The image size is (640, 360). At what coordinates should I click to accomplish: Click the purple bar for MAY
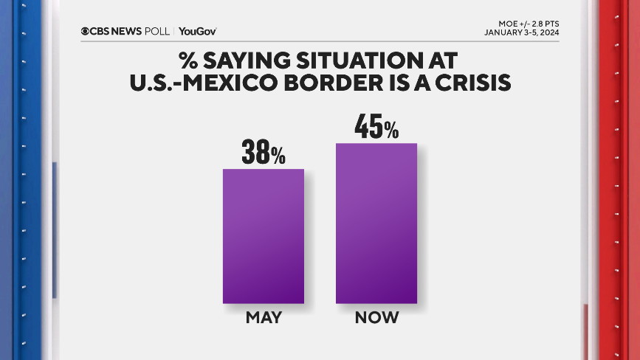pyautogui.click(x=264, y=236)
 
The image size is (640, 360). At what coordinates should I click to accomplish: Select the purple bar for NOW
pyautogui.click(x=376, y=223)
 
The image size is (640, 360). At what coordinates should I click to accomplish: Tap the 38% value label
pyautogui.click(x=263, y=153)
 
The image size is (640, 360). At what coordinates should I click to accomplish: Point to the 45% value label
pyautogui.click(x=376, y=127)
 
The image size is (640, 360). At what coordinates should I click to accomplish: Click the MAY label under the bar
pyautogui.click(x=264, y=319)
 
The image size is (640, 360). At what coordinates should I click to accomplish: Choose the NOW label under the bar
pyautogui.click(x=376, y=319)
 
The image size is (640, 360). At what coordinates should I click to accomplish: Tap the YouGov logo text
pyautogui.click(x=197, y=31)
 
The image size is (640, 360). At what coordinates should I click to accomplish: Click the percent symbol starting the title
pyautogui.click(x=188, y=58)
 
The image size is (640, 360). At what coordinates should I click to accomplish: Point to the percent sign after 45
pyautogui.click(x=390, y=131)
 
